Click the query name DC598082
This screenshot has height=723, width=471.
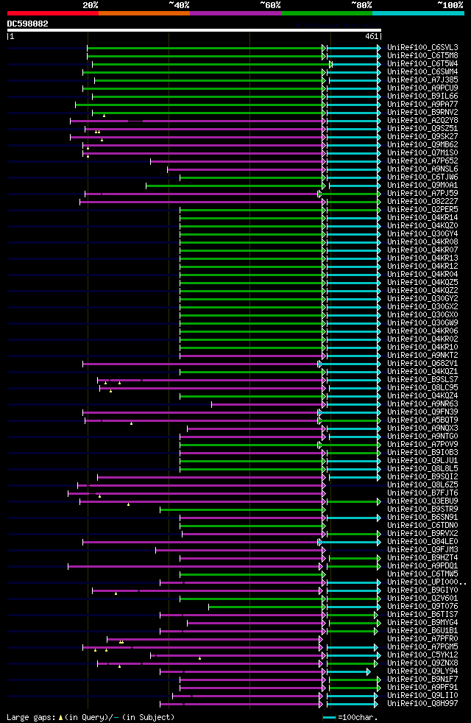(28, 24)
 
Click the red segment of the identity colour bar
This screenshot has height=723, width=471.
(52, 13)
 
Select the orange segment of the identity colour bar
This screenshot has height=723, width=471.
(144, 13)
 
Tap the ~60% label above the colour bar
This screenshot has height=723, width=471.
(270, 4)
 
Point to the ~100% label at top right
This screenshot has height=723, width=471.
(450, 4)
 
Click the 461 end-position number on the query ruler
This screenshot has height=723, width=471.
(372, 35)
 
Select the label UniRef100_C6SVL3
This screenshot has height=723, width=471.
(422, 47)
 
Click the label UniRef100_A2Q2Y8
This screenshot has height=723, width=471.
(422, 120)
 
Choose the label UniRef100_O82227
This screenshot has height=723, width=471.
(422, 201)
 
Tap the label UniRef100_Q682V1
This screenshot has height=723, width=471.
(422, 363)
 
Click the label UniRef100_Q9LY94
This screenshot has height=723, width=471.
(422, 671)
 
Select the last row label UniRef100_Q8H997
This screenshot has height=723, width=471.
(422, 703)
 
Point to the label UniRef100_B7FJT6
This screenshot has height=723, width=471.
(422, 493)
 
